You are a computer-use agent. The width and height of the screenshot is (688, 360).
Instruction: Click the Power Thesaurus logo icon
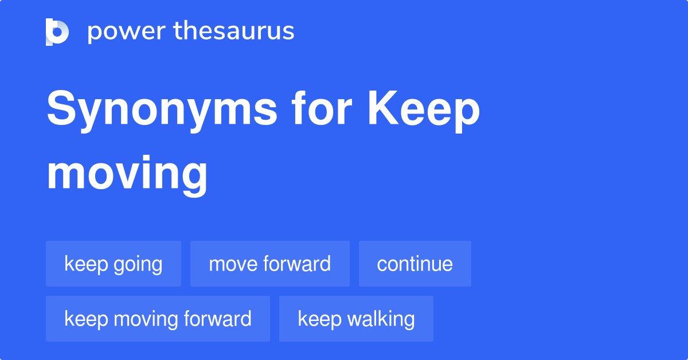click(57, 32)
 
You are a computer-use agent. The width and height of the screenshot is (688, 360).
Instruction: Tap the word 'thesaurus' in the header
click(234, 32)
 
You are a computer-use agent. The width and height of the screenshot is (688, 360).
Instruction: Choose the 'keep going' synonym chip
click(114, 264)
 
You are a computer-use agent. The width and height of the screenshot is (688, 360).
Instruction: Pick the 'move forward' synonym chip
click(269, 264)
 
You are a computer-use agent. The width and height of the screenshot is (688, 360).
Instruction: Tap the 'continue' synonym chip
click(415, 264)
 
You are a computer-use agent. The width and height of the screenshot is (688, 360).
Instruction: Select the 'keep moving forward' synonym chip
click(158, 319)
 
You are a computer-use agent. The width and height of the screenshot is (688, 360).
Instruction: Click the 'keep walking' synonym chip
click(356, 319)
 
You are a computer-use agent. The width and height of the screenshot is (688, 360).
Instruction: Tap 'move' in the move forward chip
click(233, 264)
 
